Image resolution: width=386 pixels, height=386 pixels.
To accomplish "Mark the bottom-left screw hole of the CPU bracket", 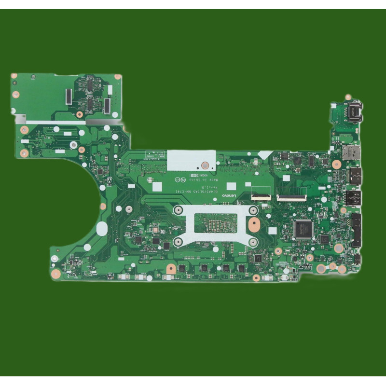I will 178,241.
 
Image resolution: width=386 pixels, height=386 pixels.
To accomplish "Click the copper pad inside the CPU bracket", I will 254,223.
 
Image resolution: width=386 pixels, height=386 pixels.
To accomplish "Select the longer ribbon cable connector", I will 291,197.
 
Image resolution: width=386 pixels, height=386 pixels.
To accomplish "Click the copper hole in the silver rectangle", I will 205,165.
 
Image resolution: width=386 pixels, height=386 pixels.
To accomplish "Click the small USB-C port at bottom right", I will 358,260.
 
